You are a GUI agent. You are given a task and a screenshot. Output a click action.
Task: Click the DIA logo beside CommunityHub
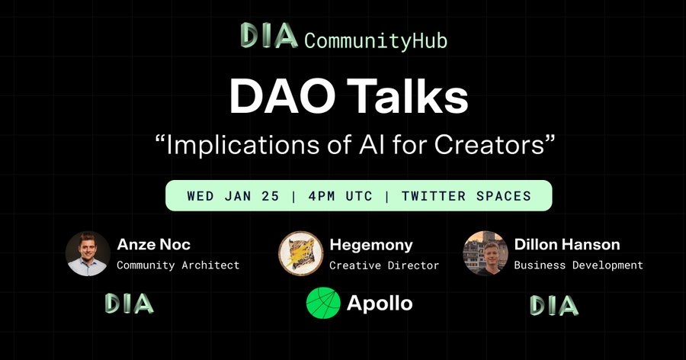pos(269,36)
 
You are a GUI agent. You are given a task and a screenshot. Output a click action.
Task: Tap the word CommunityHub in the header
pos(376,40)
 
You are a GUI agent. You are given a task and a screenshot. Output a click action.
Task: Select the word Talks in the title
pos(410,96)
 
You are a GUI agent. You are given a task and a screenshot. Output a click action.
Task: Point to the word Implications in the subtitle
pos(243,146)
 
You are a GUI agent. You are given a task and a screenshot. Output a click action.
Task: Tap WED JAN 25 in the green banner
pos(233,196)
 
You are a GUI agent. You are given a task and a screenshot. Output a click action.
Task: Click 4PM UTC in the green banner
pos(341,196)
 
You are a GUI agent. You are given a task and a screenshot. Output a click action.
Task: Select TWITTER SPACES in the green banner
pos(466,196)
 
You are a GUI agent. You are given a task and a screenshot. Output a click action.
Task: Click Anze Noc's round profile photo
pos(88,253)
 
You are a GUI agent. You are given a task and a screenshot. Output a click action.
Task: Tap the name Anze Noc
pos(153,244)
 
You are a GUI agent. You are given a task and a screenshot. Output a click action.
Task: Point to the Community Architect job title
pos(178,265)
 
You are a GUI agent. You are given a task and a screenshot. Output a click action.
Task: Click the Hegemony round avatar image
pos(300,253)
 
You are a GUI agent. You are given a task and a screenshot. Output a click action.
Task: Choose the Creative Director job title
pos(384,265)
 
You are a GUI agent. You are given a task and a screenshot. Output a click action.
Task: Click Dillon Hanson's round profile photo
pos(486,253)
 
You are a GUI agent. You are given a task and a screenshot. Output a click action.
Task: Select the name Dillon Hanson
pos(567,244)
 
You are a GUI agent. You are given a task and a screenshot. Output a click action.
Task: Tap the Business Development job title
pos(579,265)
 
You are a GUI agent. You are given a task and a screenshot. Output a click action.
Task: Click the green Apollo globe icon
pos(323,303)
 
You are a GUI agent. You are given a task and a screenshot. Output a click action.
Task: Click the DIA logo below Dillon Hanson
pos(554,305)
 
